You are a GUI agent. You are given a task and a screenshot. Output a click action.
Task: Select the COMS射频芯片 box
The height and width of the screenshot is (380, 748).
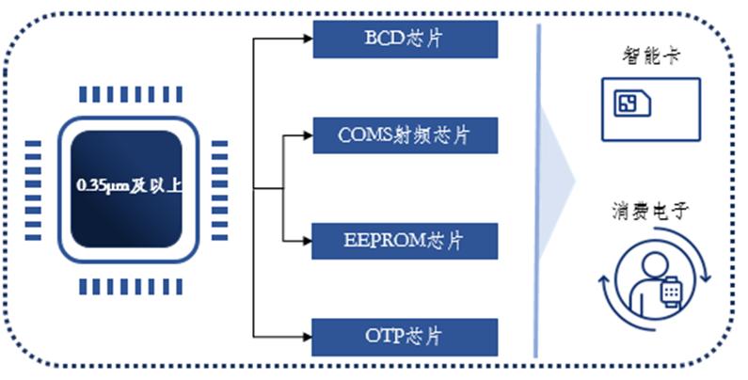405,135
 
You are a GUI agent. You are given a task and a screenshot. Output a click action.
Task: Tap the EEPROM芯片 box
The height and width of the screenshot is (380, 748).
405,241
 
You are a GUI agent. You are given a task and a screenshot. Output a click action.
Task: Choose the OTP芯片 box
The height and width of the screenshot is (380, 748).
405,337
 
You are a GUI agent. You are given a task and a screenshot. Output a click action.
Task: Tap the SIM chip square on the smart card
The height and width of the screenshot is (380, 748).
626,103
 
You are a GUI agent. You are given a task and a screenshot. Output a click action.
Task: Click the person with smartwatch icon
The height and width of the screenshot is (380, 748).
655,280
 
